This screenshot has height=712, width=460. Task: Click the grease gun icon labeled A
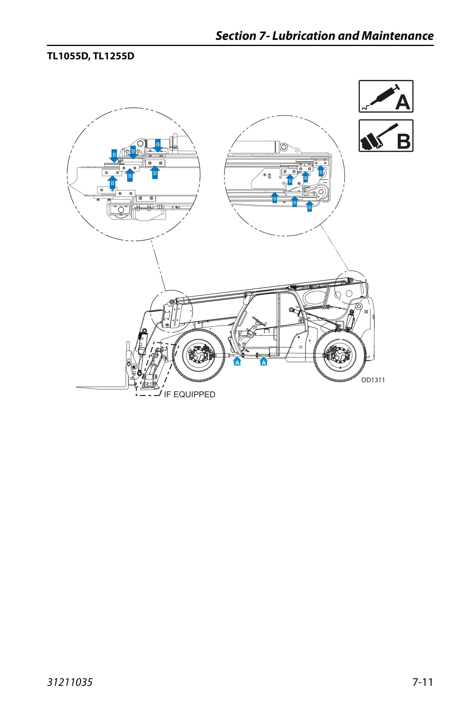click(x=386, y=96)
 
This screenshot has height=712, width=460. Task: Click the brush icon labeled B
click(x=386, y=136)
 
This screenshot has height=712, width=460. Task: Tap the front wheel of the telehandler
click(x=199, y=355)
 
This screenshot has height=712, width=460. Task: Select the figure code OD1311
click(x=373, y=380)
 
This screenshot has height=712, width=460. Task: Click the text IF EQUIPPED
click(x=190, y=394)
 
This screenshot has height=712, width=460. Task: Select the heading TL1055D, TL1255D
click(x=91, y=56)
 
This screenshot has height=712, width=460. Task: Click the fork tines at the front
click(x=102, y=388)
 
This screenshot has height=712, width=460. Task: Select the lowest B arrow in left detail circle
click(x=112, y=182)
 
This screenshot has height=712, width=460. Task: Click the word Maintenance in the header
click(x=397, y=36)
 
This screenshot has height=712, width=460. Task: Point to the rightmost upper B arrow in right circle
click(x=321, y=171)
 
